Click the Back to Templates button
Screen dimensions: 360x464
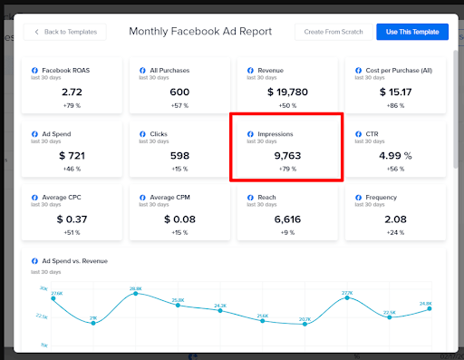click(67, 32)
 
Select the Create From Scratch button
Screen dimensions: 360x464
click(333, 32)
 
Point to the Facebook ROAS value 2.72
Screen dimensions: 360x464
click(72, 92)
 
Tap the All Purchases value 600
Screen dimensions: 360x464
click(179, 92)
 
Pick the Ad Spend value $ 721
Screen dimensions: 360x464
click(72, 156)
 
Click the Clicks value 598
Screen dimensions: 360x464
click(179, 156)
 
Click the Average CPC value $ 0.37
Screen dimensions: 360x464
click(72, 219)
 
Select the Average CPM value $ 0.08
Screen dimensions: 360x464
click(179, 219)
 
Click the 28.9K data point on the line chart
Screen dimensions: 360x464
click(136, 293)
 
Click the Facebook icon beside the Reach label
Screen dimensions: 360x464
click(251, 196)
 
